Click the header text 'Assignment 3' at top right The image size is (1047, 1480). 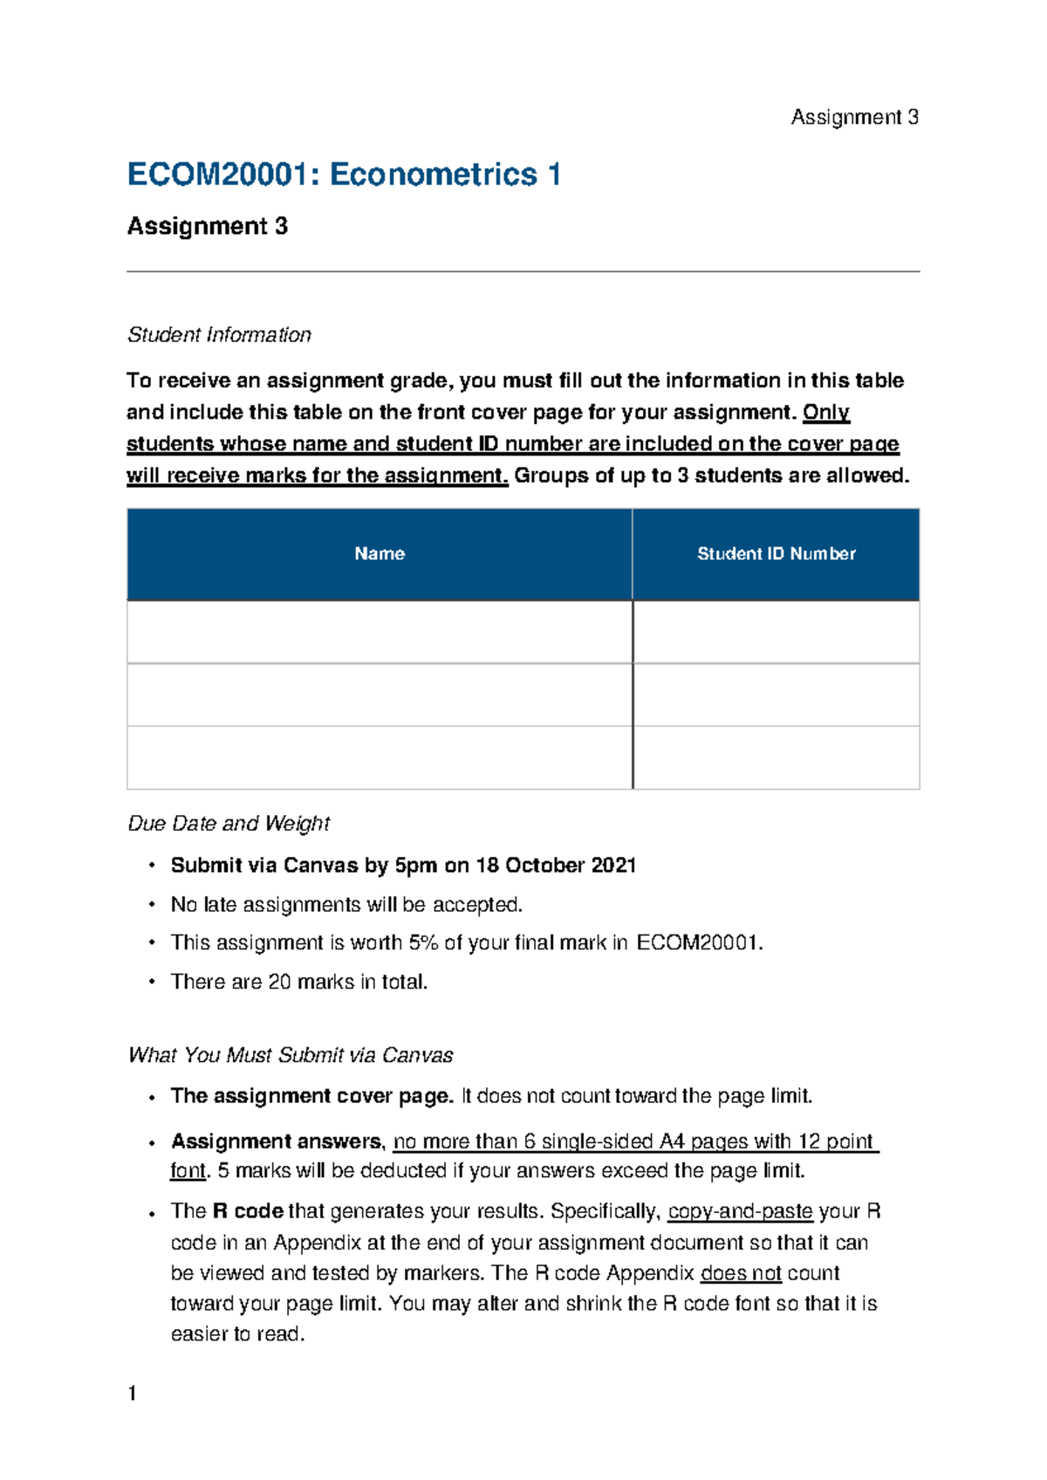(853, 117)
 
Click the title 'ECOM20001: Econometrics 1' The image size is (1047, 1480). (344, 175)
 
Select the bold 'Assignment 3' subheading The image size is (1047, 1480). (208, 226)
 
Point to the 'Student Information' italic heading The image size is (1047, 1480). (219, 335)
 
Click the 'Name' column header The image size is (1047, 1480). (380, 553)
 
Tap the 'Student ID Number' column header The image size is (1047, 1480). (776, 553)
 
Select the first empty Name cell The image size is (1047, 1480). (380, 632)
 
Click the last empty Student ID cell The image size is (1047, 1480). (776, 757)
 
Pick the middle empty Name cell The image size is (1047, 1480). (380, 695)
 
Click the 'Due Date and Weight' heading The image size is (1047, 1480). (229, 824)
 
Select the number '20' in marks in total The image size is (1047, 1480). (279, 983)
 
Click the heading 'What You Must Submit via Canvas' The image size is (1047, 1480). (290, 1056)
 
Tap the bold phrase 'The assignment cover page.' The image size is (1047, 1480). (311, 1096)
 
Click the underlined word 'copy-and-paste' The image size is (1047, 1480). (740, 1212)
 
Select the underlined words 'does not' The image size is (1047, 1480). (741, 1273)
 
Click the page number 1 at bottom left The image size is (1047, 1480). (132, 1393)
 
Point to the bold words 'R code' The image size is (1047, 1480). (248, 1212)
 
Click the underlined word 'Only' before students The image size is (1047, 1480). (825, 412)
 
